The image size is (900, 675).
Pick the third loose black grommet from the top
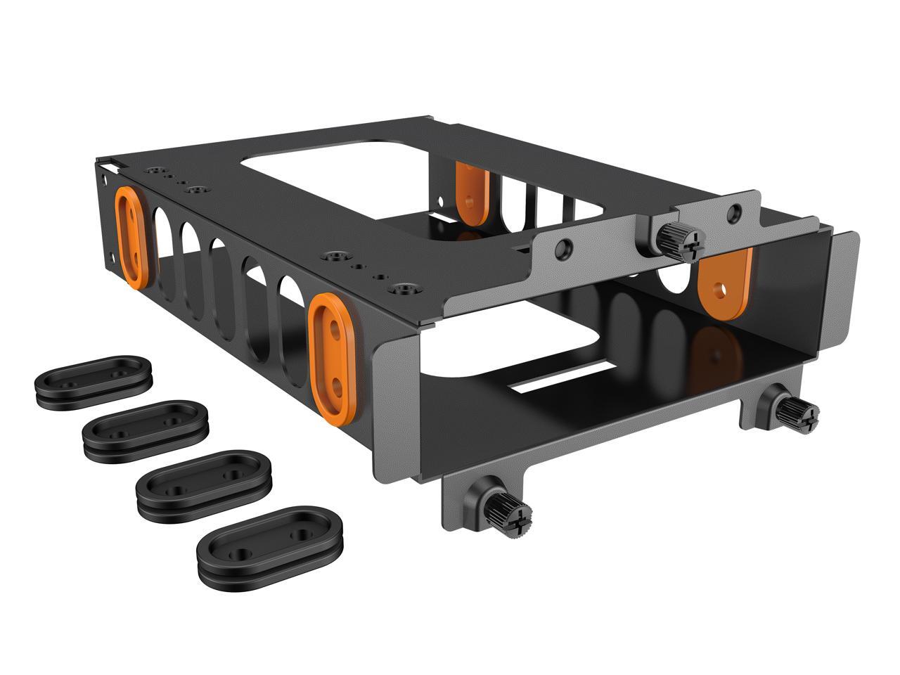(202, 483)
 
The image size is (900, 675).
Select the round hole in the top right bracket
(735, 210)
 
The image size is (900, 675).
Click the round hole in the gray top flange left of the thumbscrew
(562, 247)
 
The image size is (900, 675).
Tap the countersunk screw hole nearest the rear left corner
(153, 170)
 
